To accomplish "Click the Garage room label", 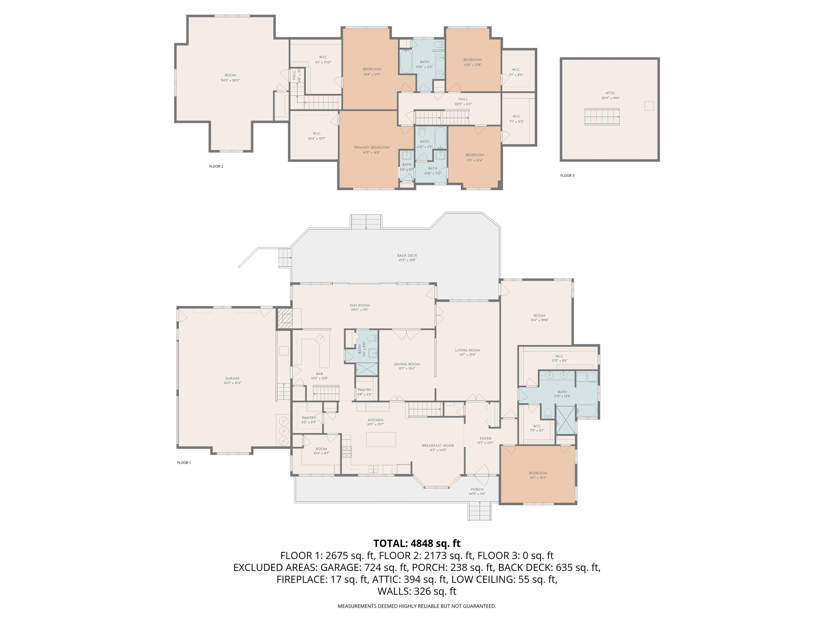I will click(232, 378).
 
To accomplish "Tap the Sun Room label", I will click(359, 305).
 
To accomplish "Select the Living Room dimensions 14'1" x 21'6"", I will click(467, 355).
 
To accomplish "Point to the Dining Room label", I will click(407, 364).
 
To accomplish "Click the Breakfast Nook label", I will click(438, 445).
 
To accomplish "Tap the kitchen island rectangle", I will click(381, 439).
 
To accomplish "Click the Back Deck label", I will click(407, 255).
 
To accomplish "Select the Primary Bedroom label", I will click(371, 148).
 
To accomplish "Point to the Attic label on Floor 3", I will click(610, 93).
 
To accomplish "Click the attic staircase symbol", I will click(602, 117).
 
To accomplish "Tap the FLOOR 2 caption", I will click(216, 166).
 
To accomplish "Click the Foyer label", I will click(485, 439).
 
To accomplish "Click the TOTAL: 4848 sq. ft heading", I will click(417, 543).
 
